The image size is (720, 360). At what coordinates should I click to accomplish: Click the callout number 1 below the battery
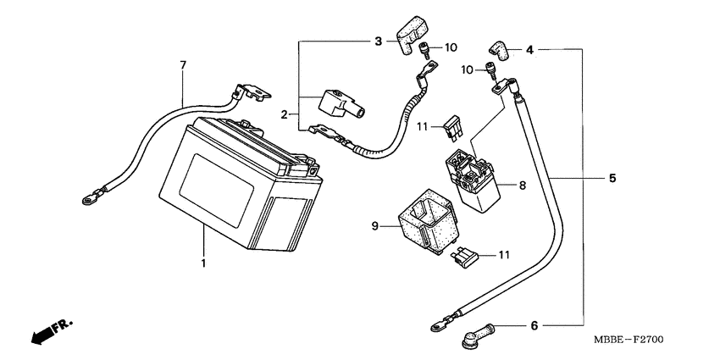[x=203, y=263]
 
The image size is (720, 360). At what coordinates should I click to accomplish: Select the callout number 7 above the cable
[x=183, y=65]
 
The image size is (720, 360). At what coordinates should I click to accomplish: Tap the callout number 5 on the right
[x=612, y=178]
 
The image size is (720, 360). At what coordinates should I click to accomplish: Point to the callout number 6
[x=534, y=326]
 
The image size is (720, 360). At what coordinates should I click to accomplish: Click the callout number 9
[x=374, y=226]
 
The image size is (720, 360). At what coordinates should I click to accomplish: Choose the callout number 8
[x=522, y=186]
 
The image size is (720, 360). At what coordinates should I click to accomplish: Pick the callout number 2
[x=285, y=114]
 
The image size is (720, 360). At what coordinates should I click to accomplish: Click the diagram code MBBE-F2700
[x=629, y=341]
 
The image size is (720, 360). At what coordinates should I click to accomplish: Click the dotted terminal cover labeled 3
[x=410, y=36]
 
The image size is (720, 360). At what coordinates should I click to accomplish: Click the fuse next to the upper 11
[x=453, y=126]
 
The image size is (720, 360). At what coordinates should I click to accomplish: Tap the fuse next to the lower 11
[x=465, y=258]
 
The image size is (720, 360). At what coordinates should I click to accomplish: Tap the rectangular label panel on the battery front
[x=216, y=190]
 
